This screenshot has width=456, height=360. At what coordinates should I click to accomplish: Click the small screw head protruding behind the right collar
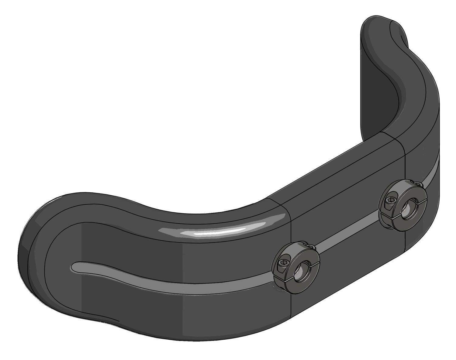[419, 183]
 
